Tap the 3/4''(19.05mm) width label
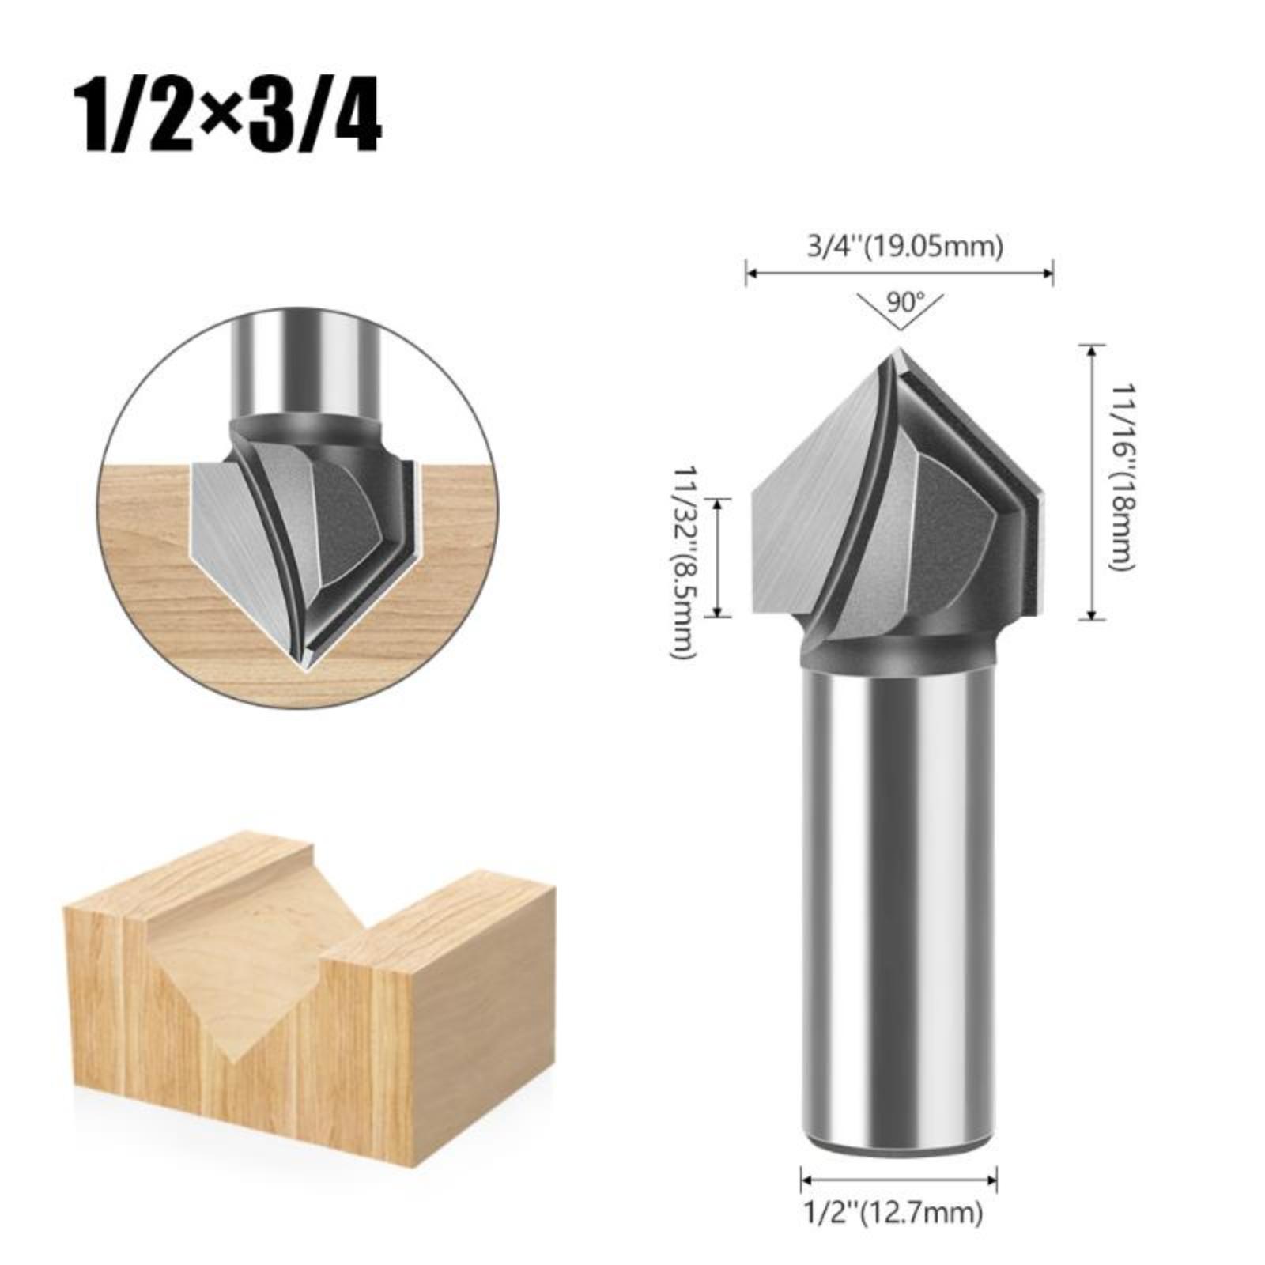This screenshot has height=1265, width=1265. (x=904, y=247)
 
